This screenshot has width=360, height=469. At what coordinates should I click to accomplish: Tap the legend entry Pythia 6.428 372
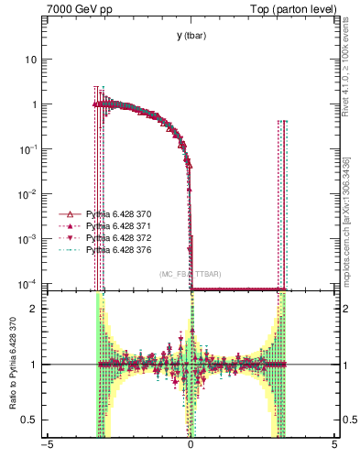tap(114, 237)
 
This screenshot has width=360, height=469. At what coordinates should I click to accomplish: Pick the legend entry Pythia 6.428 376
tap(114, 249)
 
